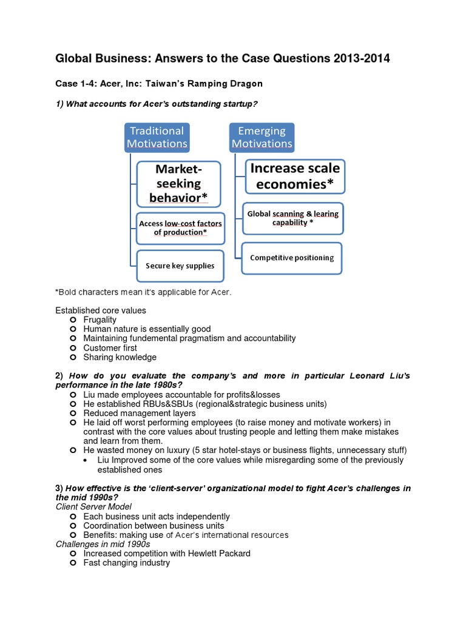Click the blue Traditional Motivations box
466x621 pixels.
[x=157, y=137]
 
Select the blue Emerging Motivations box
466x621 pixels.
[x=262, y=137]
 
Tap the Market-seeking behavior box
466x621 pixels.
[x=178, y=184]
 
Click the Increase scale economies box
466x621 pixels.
[x=295, y=176]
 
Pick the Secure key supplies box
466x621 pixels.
[x=180, y=266]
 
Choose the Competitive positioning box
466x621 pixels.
[x=292, y=258]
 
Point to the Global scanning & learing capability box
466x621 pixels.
[x=292, y=218]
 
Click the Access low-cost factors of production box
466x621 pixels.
[x=180, y=228]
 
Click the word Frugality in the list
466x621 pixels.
[x=100, y=320]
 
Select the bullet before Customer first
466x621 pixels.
[x=73, y=348]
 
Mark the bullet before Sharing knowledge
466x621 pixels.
[x=73, y=357]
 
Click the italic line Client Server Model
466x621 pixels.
[x=93, y=506]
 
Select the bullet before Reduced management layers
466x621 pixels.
[x=73, y=413]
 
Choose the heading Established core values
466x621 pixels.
[x=101, y=310]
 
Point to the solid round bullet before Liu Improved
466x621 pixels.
[x=88, y=460]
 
